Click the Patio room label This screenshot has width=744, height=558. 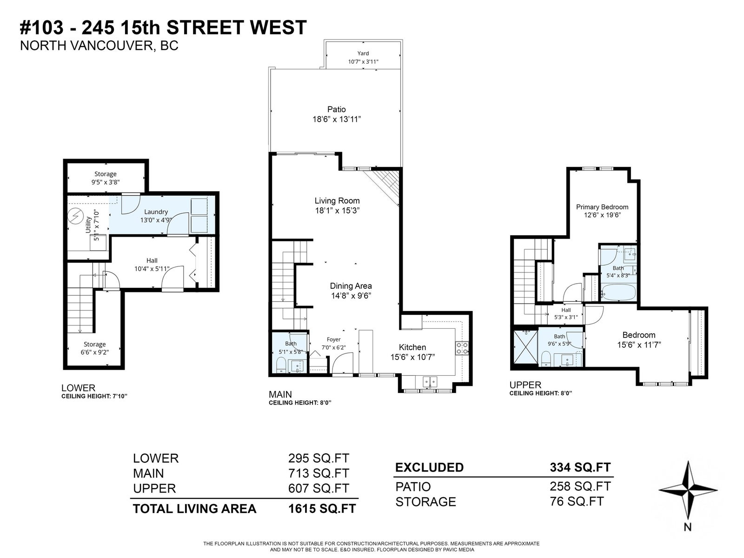pyautogui.click(x=336, y=109)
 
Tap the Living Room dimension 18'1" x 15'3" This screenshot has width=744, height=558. pyautogui.click(x=337, y=210)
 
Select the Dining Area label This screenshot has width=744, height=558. pyautogui.click(x=351, y=286)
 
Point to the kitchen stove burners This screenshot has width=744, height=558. pyautogui.click(x=462, y=348)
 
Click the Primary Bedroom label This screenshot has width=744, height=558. pyautogui.click(x=602, y=206)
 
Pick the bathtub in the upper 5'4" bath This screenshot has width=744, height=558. pyautogui.click(x=618, y=292)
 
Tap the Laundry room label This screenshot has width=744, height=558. pyautogui.click(x=156, y=212)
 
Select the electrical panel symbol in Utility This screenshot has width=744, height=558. pyautogui.click(x=75, y=216)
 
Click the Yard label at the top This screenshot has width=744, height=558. pyautogui.click(x=363, y=53)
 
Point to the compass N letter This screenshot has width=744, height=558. pyautogui.click(x=687, y=527)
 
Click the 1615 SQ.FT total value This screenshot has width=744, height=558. pyautogui.click(x=322, y=509)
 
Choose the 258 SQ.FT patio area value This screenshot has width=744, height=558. pyautogui.click(x=580, y=486)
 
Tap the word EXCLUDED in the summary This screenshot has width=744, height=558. pyautogui.click(x=430, y=467)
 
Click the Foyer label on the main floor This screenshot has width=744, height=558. pyautogui.click(x=333, y=339)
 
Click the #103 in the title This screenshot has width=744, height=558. pyautogui.click(x=42, y=27)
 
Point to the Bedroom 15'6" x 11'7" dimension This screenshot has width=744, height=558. pyautogui.click(x=639, y=345)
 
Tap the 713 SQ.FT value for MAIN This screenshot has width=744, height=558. pyautogui.click(x=319, y=473)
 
